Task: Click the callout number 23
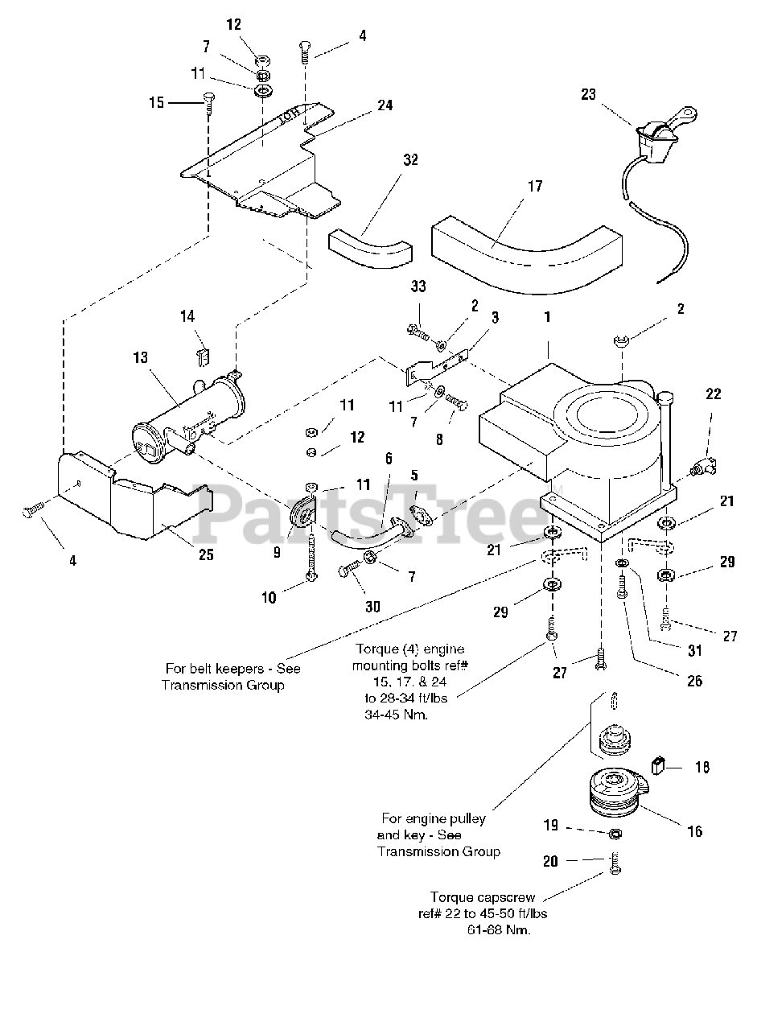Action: tap(588, 94)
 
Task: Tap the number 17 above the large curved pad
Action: tap(534, 187)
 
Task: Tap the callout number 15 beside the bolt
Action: tap(156, 102)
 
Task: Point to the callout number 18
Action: tap(701, 767)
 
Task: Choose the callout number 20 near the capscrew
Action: tap(549, 861)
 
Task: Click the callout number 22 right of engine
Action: tap(714, 394)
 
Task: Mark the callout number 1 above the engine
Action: tap(547, 317)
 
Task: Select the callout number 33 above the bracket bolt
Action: tap(418, 286)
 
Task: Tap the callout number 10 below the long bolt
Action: tap(269, 597)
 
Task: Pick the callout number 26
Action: tap(694, 681)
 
